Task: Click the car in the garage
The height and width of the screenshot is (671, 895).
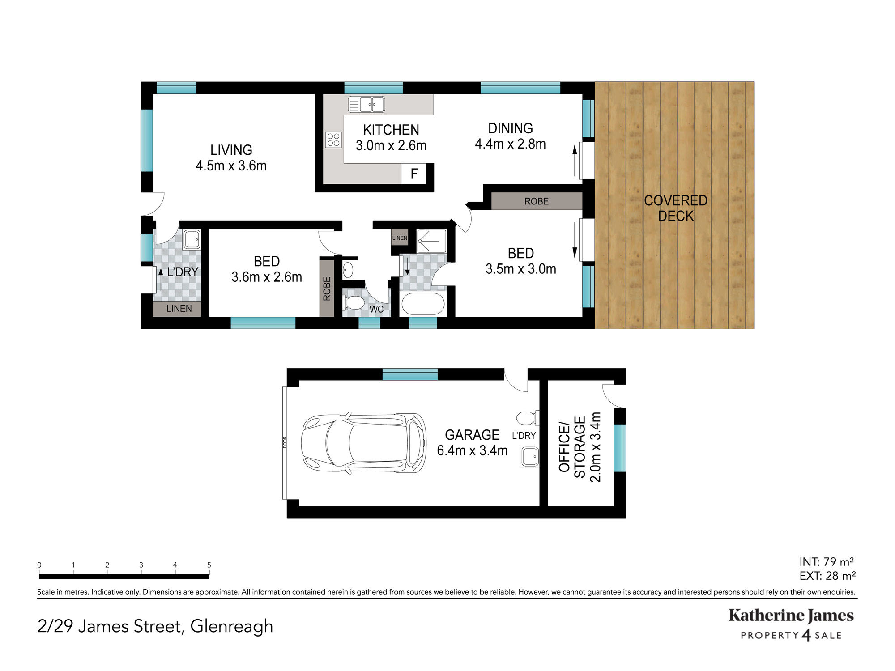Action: pos(363,442)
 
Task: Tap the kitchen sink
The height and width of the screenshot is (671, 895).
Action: pos(367,104)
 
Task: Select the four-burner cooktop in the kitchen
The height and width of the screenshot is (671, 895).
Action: pos(333,140)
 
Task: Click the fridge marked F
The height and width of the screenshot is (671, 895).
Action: pos(413,174)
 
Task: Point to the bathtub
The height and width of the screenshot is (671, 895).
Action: pos(423,304)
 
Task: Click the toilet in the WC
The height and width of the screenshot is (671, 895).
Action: pos(354,303)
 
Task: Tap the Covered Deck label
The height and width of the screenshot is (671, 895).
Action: pos(676,208)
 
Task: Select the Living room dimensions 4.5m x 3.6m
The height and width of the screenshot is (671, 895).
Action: pos(231,166)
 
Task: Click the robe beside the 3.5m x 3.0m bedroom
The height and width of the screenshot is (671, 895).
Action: pos(537,201)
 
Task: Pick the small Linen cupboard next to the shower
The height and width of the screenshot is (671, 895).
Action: pos(400,238)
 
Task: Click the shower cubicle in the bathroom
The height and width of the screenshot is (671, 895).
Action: pos(431,242)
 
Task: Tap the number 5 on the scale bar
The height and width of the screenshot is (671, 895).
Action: pos(209,565)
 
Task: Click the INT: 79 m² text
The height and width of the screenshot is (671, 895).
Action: pos(827,561)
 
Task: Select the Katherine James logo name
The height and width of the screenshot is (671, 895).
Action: pos(791,616)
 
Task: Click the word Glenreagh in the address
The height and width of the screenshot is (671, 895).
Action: pos(231,626)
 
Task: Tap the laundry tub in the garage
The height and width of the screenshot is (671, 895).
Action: pos(530,457)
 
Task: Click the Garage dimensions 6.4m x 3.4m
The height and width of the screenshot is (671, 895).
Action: pos(472,450)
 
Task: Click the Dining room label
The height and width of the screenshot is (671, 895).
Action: pos(511,128)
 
